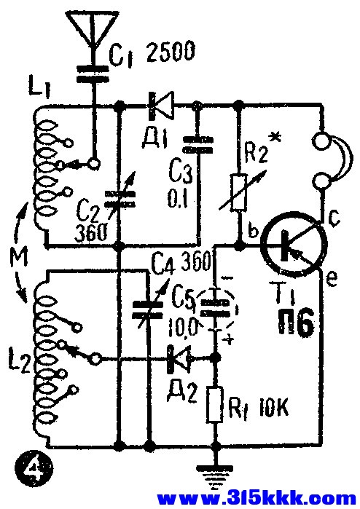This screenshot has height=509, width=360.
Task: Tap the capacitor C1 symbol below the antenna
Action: tap(92, 74)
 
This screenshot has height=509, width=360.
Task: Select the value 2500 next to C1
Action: tap(171, 51)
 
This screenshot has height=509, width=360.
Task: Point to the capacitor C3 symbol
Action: tap(198, 145)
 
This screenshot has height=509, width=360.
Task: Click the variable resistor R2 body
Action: tap(240, 192)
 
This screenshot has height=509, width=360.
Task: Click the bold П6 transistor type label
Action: tap(296, 322)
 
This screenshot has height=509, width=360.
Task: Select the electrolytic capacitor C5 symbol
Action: tap(215, 308)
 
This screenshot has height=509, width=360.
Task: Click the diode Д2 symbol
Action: tap(179, 359)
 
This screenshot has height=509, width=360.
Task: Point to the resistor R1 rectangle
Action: tap(215, 404)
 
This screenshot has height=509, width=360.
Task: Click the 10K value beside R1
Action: tap(273, 410)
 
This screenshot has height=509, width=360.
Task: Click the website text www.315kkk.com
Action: tap(257, 499)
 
